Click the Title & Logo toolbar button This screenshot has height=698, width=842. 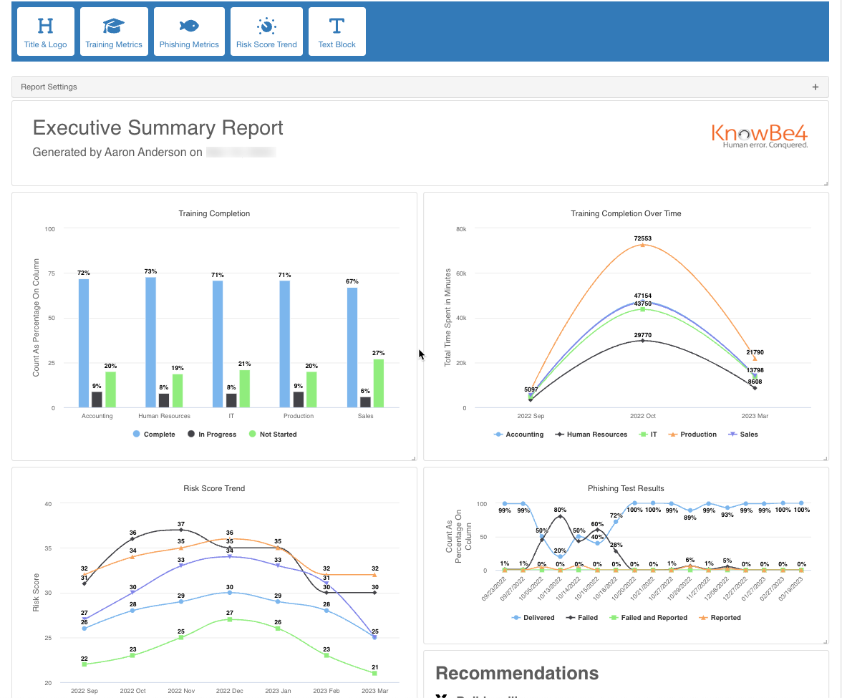[x=45, y=32]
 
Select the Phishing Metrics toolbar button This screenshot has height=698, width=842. [x=189, y=32]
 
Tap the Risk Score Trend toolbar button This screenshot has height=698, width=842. [x=266, y=32]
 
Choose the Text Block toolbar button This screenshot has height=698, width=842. [x=337, y=32]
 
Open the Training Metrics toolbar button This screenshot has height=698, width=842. [x=114, y=32]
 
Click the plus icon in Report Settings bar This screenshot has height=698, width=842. [x=815, y=87]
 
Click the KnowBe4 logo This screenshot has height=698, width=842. [x=760, y=135]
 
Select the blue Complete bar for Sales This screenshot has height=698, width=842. [x=352, y=347]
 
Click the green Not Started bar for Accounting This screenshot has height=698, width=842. [x=110, y=389]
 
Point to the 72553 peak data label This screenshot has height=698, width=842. [x=642, y=238]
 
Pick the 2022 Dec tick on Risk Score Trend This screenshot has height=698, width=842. [x=230, y=691]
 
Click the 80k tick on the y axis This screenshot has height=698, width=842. [x=460, y=229]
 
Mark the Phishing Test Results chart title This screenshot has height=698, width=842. [x=626, y=489]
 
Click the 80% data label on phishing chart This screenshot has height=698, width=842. [x=560, y=510]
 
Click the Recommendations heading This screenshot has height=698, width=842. [x=517, y=673]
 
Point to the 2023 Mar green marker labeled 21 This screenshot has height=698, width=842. [x=375, y=673]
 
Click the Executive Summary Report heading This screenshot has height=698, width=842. [x=158, y=128]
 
